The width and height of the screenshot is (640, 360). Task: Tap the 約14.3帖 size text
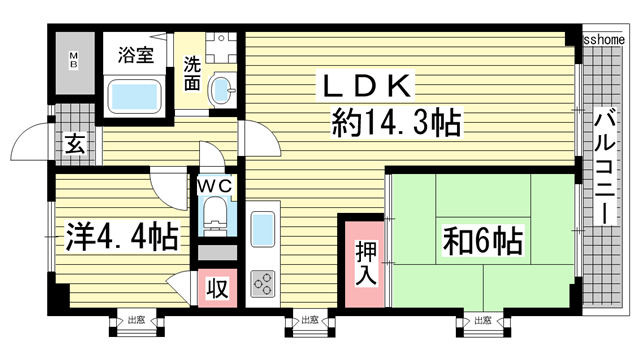pyautogui.click(x=396, y=124)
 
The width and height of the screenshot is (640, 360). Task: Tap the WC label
pyautogui.click(x=215, y=186)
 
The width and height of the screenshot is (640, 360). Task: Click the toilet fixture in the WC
pyautogui.click(x=215, y=214)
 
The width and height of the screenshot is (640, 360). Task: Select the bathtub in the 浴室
pyautogui.click(x=140, y=98)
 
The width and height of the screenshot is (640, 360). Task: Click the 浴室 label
pyautogui.click(x=135, y=55)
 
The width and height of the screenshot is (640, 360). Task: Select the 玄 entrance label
pyautogui.click(x=75, y=142)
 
